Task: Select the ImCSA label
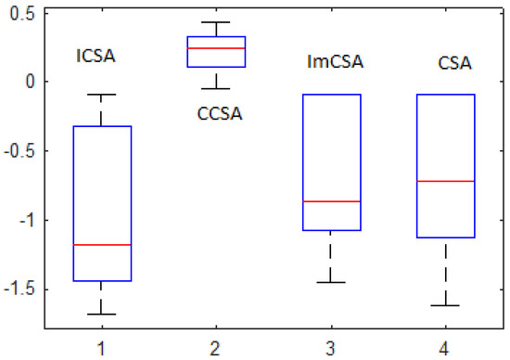click(335, 63)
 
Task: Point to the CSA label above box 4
click(454, 64)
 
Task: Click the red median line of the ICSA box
click(102, 245)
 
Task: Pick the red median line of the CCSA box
click(216, 48)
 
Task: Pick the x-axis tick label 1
click(102, 344)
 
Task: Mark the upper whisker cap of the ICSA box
click(102, 95)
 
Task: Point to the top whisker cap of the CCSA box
click(216, 22)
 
